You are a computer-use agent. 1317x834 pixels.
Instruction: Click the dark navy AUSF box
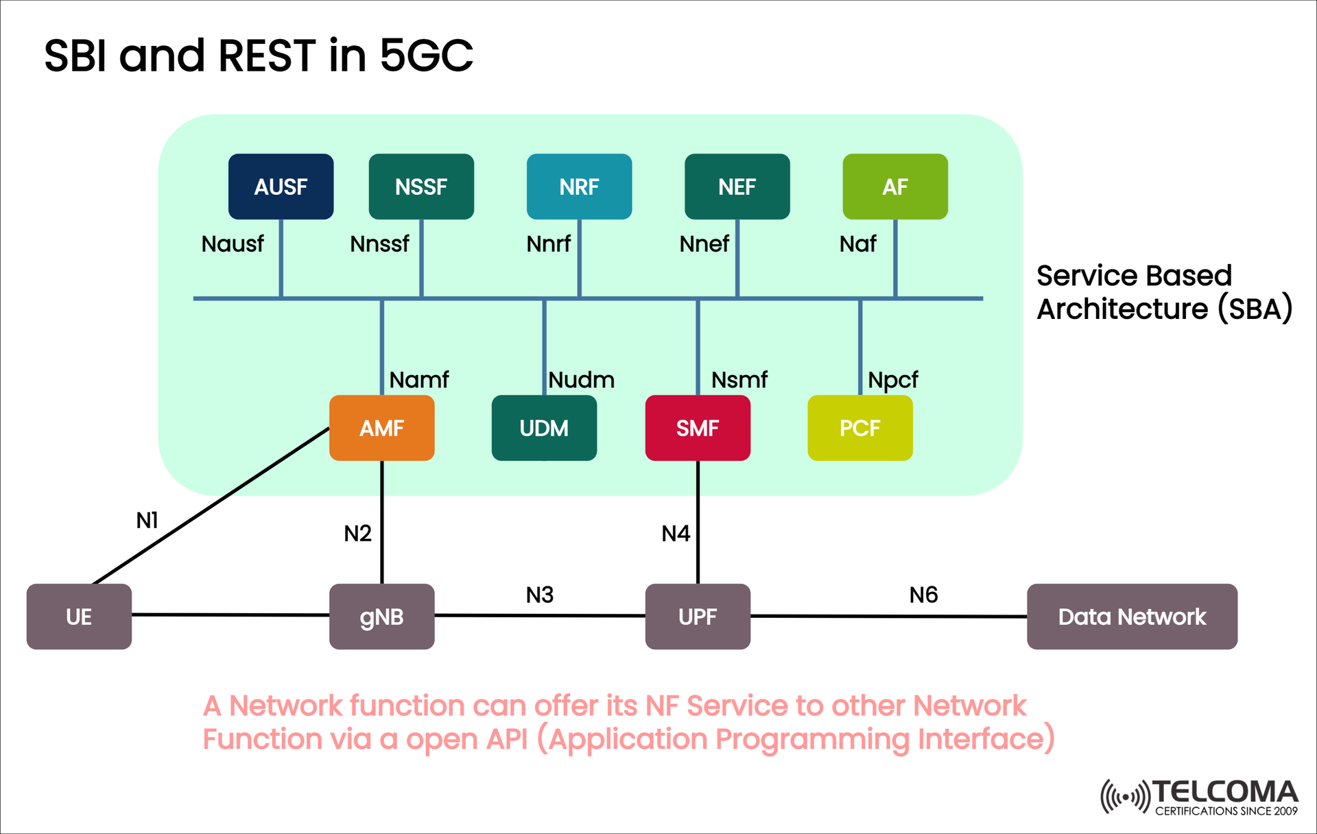(281, 187)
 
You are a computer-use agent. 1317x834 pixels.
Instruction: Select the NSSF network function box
(421, 187)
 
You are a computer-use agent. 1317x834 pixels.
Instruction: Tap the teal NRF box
(579, 187)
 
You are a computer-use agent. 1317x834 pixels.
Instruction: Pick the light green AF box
(894, 187)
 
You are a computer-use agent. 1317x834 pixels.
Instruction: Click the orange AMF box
(381, 428)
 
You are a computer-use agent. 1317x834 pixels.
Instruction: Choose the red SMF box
(697, 428)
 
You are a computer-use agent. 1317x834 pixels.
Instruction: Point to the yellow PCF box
(859, 428)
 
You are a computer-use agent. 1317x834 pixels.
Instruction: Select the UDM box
(544, 428)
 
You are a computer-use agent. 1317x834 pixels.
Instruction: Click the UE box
(79, 617)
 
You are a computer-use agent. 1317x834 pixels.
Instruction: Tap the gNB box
(381, 617)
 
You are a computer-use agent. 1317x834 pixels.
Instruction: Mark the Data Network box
(1132, 617)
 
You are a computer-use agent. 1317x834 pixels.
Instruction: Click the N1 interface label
(147, 521)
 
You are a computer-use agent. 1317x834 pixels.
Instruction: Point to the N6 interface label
(923, 595)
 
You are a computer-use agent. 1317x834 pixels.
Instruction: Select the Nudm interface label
(582, 379)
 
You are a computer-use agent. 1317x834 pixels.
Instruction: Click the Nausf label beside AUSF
(233, 243)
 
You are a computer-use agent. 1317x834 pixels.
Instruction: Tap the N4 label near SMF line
(676, 533)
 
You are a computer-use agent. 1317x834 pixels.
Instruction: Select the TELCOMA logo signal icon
(1125, 797)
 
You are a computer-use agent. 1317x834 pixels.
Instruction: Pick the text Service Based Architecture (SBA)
(1163, 292)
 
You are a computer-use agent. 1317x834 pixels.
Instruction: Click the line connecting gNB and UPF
(540, 615)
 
